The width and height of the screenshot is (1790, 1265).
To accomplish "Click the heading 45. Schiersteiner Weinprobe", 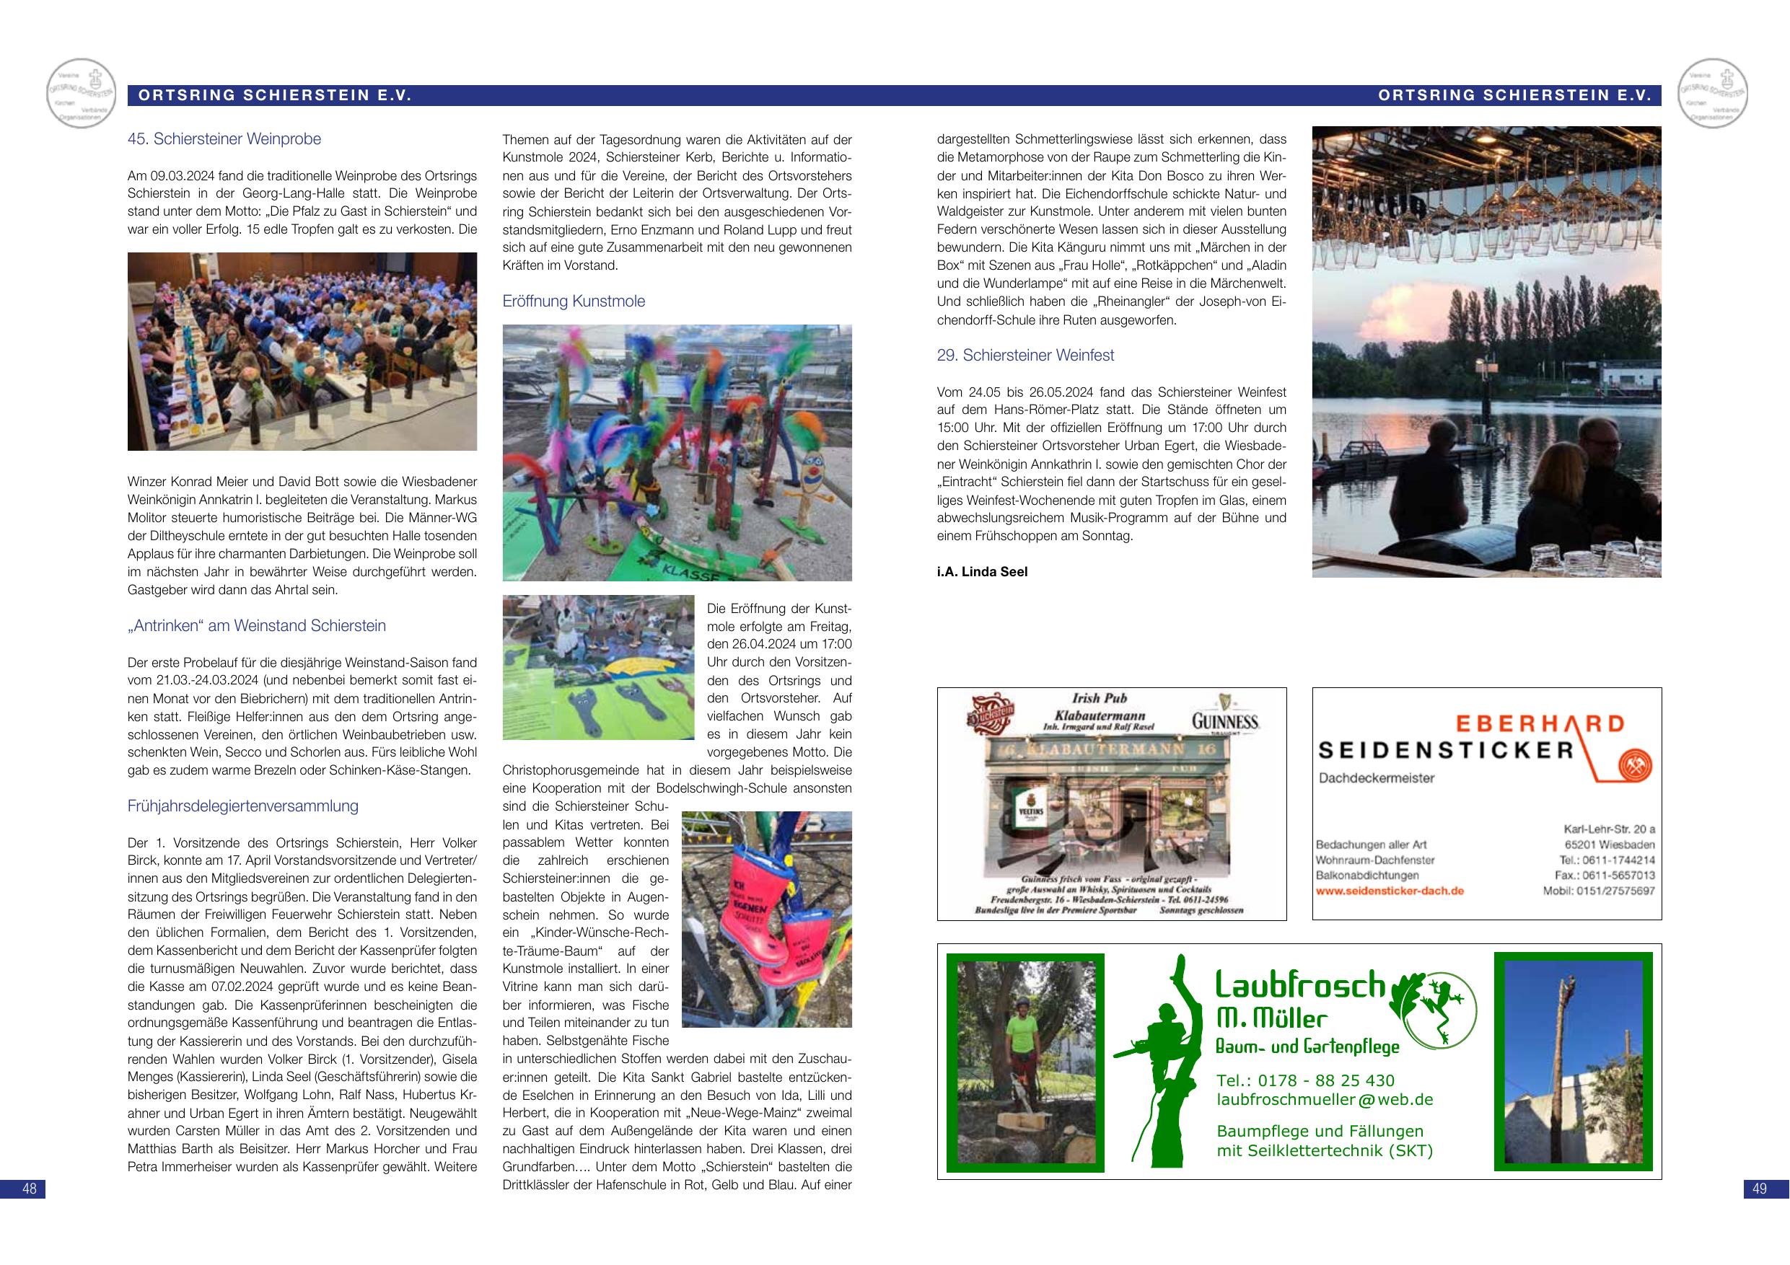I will coord(224,139).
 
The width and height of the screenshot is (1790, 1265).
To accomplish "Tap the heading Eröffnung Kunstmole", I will coord(573,301).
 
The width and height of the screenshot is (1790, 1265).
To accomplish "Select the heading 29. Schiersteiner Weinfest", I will coord(1025,356).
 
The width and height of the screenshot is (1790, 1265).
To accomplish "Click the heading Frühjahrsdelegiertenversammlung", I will coord(242,806).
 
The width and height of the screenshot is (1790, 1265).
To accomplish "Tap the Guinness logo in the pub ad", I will coord(1225,717).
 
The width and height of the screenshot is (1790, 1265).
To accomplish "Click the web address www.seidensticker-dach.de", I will coord(1390,890).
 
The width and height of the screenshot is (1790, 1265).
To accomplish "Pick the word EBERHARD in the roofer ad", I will coord(1535,724).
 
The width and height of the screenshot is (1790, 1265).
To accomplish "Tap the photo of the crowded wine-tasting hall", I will coord(302,351).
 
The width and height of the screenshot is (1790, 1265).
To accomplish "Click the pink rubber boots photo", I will coord(765,920).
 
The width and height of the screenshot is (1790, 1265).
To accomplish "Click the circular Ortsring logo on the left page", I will coord(81,94).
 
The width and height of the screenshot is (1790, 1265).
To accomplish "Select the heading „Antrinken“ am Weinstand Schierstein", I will coord(257,626).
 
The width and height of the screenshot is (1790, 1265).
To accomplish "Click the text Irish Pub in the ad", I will coord(1100,698).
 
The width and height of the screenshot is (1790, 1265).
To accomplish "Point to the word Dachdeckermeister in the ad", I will coord(1376,778).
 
